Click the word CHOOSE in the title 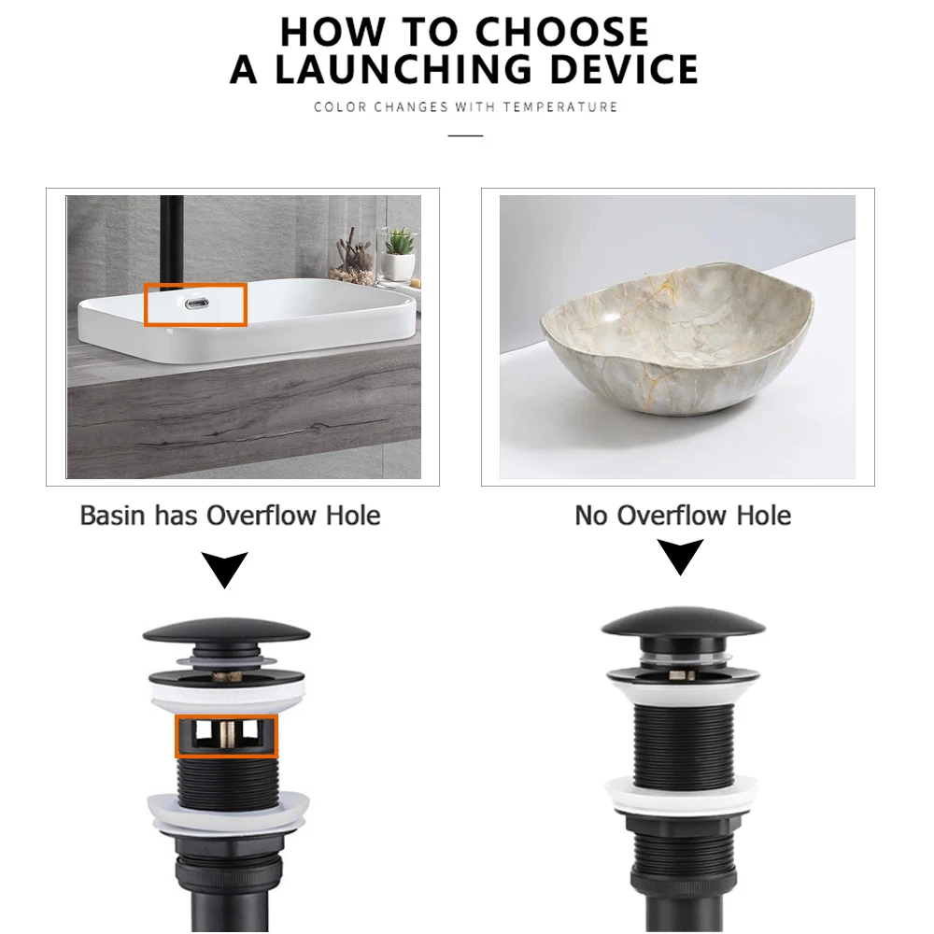coord(557,33)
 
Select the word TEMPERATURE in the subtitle coord(560,107)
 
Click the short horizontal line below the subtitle coord(465,136)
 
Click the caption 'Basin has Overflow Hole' coord(230,516)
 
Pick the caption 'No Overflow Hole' coord(683,516)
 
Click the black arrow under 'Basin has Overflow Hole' coord(224,569)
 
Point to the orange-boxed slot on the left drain coord(227,736)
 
